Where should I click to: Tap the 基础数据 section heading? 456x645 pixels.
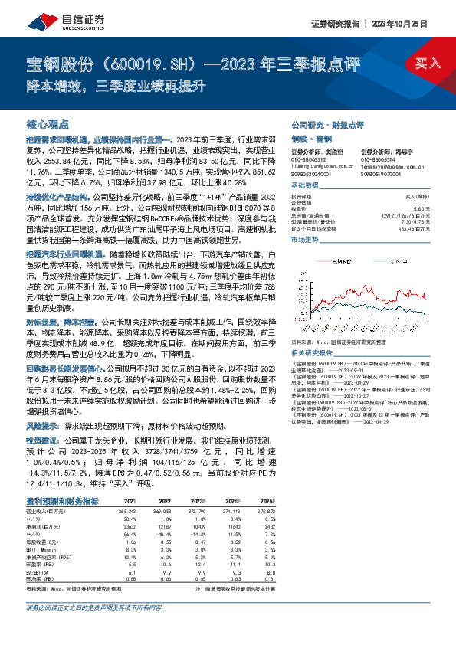304,186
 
